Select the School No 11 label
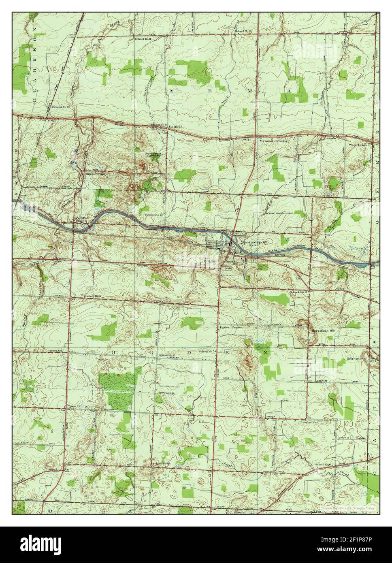tap(143, 39)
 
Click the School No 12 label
tap(167, 355)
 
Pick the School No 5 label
tap(207, 352)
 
